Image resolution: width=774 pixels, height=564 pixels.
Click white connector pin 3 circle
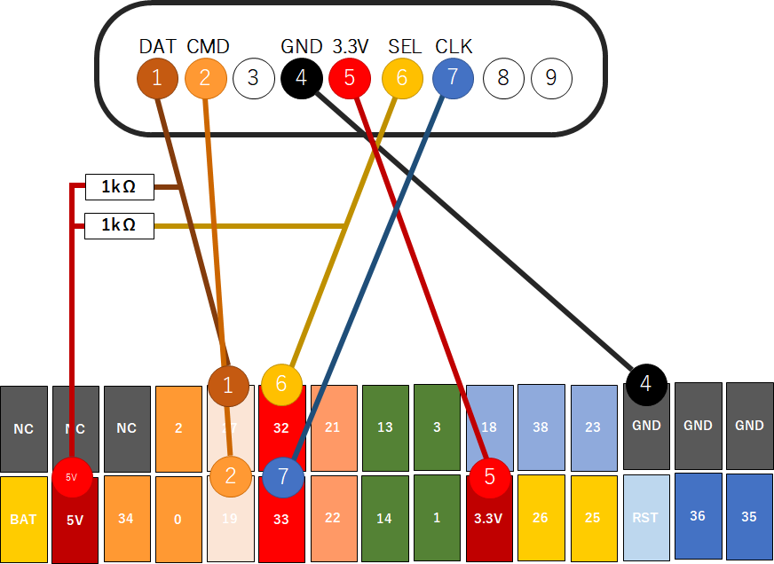tap(254, 78)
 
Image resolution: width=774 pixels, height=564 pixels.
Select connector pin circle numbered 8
tap(503, 78)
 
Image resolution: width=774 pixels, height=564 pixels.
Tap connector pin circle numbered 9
tap(551, 78)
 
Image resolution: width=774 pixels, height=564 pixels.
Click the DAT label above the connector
tap(157, 46)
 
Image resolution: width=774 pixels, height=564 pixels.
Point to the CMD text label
tap(208, 46)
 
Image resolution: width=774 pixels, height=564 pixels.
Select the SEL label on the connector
tap(405, 46)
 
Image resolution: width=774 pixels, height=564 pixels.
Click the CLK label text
tap(454, 46)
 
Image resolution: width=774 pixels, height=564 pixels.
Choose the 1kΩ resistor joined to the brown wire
tap(119, 187)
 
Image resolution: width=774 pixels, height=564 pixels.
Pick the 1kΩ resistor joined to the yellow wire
tap(119, 226)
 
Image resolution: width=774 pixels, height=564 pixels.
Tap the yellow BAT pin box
tap(23, 519)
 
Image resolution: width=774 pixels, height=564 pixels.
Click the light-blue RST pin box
tap(645, 518)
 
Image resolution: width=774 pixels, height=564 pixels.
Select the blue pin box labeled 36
tap(698, 515)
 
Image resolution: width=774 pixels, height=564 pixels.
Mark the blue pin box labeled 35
tap(749, 515)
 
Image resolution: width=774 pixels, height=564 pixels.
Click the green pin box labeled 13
tap(384, 427)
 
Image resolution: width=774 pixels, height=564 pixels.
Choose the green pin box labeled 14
tap(384, 519)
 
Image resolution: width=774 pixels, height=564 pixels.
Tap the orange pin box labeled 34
tap(126, 519)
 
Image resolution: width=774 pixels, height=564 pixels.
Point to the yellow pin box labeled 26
tap(541, 518)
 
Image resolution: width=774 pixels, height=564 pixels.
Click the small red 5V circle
tap(72, 477)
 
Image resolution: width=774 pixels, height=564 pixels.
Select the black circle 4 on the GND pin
tap(646, 384)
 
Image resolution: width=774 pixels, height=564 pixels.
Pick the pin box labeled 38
tap(541, 427)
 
